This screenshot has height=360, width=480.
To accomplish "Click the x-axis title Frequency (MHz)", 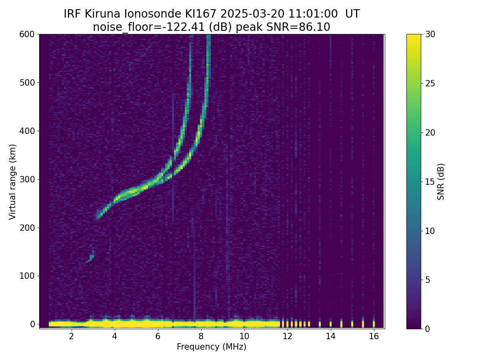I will pyautogui.click(x=212, y=347).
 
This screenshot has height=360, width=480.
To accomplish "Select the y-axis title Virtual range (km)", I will pyautogui.click(x=13, y=182).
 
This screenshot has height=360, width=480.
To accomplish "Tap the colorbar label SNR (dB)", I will pyautogui.click(x=441, y=182).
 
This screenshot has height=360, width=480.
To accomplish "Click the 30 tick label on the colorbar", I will pyautogui.click(x=430, y=34).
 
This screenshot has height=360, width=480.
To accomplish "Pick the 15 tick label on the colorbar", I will pyautogui.click(x=430, y=182).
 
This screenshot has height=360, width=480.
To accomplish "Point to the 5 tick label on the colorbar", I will pyautogui.click(x=428, y=280).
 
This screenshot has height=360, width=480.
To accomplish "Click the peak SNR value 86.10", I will pyautogui.click(x=314, y=27).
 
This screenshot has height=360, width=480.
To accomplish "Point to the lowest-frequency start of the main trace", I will pyautogui.click(x=98, y=216).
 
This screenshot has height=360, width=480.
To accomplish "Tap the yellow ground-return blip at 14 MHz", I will pyautogui.click(x=330, y=323).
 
